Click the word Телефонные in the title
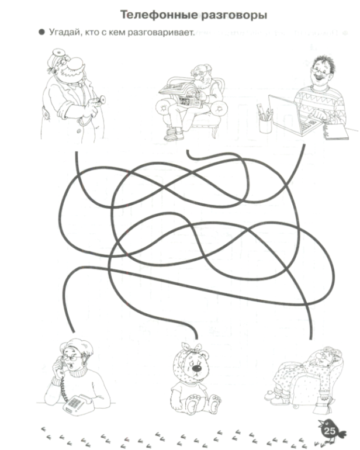(x=159, y=15)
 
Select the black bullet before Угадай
(x=42, y=32)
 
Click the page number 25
(x=330, y=431)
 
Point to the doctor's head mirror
(x=57, y=53)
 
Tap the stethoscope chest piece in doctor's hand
(x=101, y=99)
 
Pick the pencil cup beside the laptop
(x=265, y=125)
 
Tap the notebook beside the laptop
(x=337, y=132)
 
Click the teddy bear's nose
(x=197, y=368)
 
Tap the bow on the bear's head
(x=192, y=348)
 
